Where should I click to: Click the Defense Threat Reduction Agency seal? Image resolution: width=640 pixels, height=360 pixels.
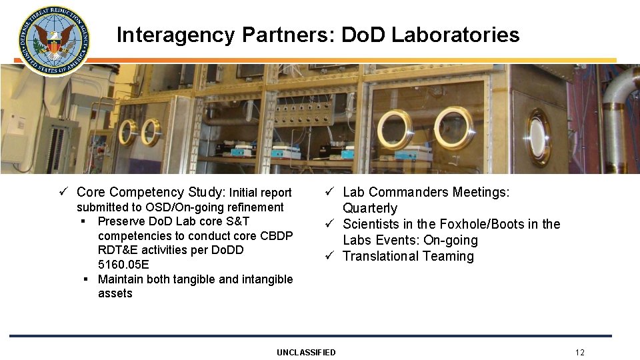coord(53,40)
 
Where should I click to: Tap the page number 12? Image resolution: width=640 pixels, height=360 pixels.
coord(579,352)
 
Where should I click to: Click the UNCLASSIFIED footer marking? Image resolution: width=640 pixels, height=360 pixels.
coord(306,352)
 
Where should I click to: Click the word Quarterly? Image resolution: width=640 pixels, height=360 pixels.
coord(370,208)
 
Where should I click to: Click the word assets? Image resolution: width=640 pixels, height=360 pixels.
coord(115,293)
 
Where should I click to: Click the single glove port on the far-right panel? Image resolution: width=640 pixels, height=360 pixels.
coord(538,137)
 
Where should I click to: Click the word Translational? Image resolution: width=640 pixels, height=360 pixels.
coord(381,256)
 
